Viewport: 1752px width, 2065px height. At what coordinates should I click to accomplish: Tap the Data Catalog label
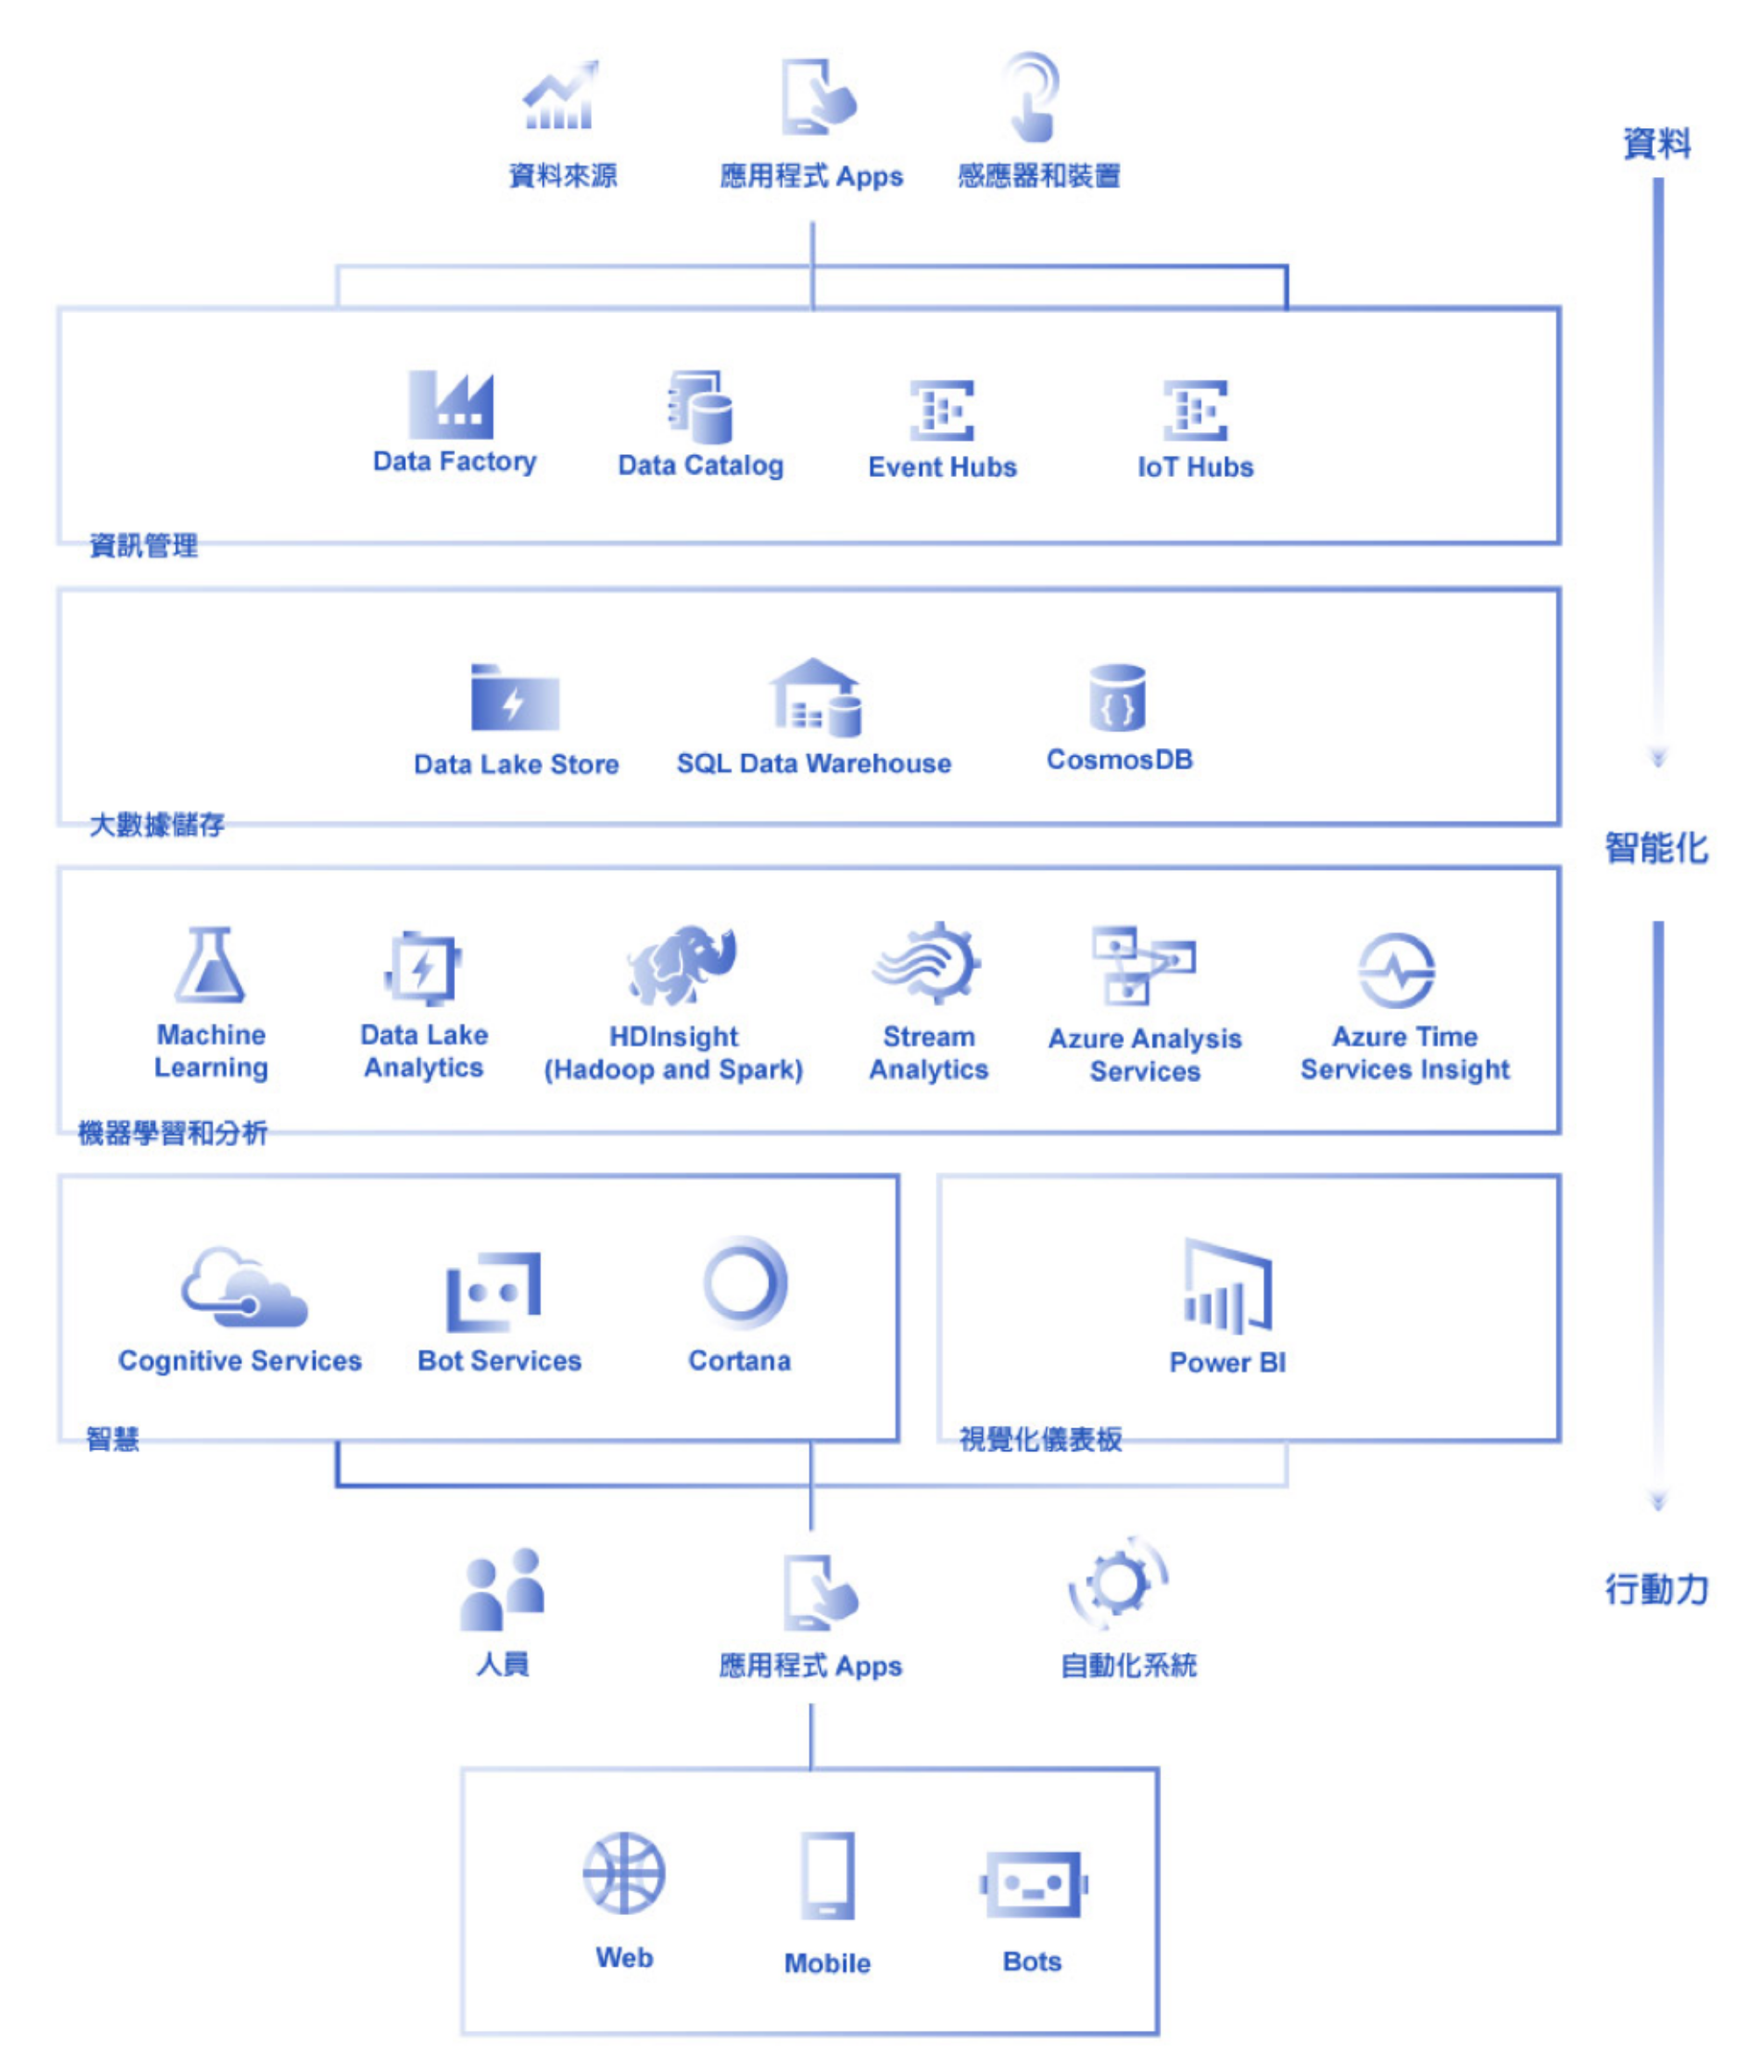(x=701, y=465)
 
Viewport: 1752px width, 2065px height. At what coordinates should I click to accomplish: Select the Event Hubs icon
(x=942, y=409)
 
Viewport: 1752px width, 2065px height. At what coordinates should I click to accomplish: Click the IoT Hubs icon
(x=1195, y=409)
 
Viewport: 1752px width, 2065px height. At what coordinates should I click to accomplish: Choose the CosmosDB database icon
(x=1117, y=697)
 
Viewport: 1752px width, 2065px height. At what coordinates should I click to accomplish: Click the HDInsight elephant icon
(x=682, y=965)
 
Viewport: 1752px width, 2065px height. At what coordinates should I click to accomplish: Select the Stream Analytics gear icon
(x=929, y=963)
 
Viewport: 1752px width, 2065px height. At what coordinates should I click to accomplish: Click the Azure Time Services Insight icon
(x=1397, y=971)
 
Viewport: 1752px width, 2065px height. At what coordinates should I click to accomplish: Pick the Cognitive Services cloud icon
(x=244, y=1287)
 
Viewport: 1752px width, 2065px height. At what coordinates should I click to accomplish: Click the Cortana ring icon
(x=744, y=1284)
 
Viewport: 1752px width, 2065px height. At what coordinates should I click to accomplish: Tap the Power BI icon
(x=1228, y=1286)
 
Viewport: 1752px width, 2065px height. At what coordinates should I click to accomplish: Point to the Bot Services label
(x=500, y=1361)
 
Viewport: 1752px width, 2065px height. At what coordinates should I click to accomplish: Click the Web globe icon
(x=623, y=1873)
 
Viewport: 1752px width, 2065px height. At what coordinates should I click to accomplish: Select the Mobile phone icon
(x=828, y=1876)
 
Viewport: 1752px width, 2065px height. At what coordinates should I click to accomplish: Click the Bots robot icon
(x=1033, y=1883)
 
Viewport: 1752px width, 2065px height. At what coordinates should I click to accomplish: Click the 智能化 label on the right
(x=1656, y=848)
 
